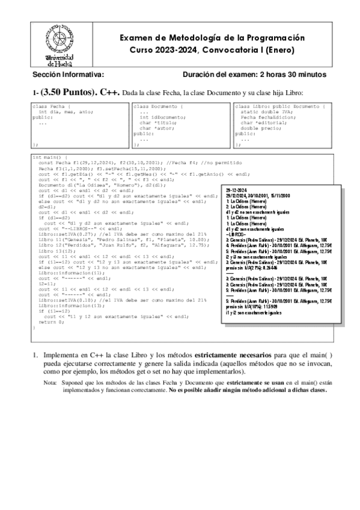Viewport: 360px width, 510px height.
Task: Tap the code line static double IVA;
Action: coord(264,112)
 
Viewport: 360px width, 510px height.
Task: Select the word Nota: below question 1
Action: coord(50,382)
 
